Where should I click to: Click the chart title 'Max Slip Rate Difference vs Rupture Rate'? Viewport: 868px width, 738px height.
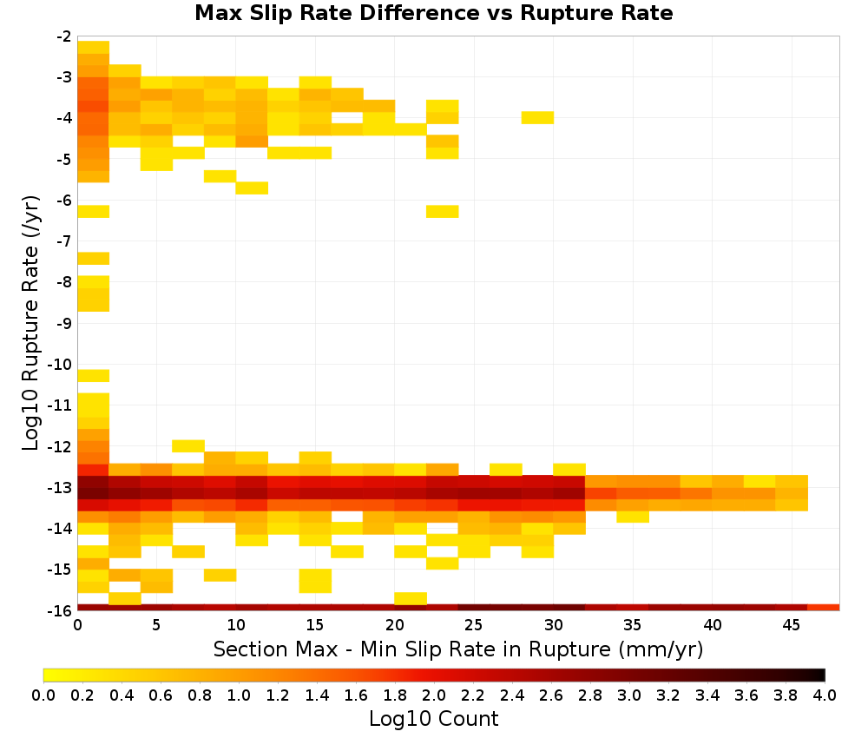pos(433,13)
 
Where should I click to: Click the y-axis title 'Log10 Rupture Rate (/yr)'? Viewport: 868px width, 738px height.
pos(30,323)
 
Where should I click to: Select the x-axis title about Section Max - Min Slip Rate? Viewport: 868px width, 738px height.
pos(457,649)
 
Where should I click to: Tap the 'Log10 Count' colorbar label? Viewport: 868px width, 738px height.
pos(433,719)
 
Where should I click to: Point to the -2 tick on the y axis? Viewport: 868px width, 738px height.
pos(63,36)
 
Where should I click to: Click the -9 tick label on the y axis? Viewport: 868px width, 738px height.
pos(63,323)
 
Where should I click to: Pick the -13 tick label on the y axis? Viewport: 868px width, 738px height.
pos(60,488)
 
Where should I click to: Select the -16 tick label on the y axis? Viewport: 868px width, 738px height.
pos(60,610)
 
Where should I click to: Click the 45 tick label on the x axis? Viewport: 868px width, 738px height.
pos(791,625)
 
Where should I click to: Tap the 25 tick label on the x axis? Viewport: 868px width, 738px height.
pos(474,625)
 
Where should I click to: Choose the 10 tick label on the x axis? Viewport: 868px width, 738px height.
pos(236,625)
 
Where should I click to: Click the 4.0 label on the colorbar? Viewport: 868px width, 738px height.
pos(825,695)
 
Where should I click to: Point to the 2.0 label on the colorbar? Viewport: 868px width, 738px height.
pos(434,695)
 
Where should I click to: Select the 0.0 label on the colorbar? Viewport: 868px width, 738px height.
pos(43,695)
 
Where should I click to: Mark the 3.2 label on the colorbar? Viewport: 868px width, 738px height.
pos(668,695)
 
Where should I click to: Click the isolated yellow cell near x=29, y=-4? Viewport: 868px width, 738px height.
pos(537,117)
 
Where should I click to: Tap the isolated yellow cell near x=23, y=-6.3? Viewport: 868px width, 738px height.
pos(443,211)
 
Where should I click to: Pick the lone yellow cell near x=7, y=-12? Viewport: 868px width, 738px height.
pos(188,445)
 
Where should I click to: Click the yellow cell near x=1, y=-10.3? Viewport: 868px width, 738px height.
pos(93,375)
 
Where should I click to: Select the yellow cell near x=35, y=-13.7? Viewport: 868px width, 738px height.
pos(633,517)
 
